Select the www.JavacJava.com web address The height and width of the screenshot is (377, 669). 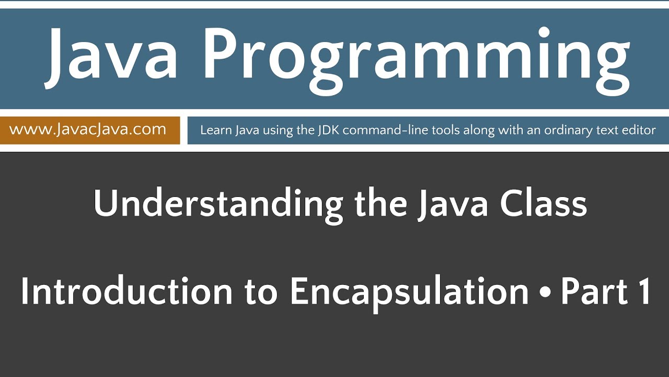pos(87,129)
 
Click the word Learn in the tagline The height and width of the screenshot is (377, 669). pos(213,130)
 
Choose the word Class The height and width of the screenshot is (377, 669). pos(543,204)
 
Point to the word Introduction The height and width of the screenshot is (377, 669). pos(125,292)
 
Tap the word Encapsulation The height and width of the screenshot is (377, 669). pos(409,293)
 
